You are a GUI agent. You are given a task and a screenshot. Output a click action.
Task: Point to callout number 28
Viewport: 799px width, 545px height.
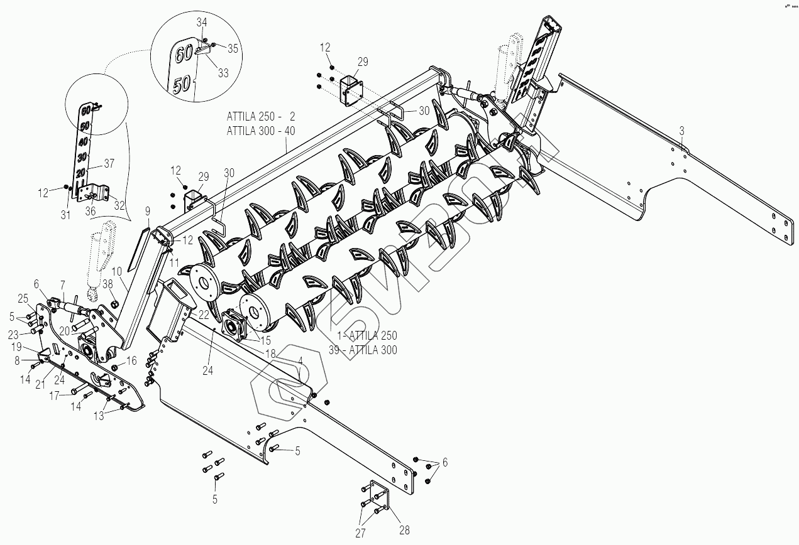click(404, 531)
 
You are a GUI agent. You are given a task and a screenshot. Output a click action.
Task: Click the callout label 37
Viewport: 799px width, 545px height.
click(109, 163)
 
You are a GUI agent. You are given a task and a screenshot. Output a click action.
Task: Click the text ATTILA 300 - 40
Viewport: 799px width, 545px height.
click(261, 131)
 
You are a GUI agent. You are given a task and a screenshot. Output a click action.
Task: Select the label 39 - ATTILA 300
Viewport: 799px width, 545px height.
click(363, 350)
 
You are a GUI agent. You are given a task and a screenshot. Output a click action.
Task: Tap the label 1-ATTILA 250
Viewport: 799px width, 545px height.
click(363, 336)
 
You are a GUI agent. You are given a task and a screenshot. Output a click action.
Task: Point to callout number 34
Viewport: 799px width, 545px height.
click(201, 23)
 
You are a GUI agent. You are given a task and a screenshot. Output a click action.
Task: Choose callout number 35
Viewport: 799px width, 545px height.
click(233, 48)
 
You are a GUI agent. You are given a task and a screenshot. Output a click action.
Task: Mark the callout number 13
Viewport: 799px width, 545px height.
click(100, 415)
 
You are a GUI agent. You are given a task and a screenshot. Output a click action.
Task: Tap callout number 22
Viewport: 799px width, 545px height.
click(203, 314)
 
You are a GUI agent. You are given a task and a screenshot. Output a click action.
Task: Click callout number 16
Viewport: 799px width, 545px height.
click(131, 361)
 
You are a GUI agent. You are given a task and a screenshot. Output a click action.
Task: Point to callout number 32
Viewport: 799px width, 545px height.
click(119, 204)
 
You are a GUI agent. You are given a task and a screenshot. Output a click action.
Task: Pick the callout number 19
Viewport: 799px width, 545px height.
click(17, 347)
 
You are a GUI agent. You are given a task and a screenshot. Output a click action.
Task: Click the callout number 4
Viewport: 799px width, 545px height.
click(300, 360)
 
